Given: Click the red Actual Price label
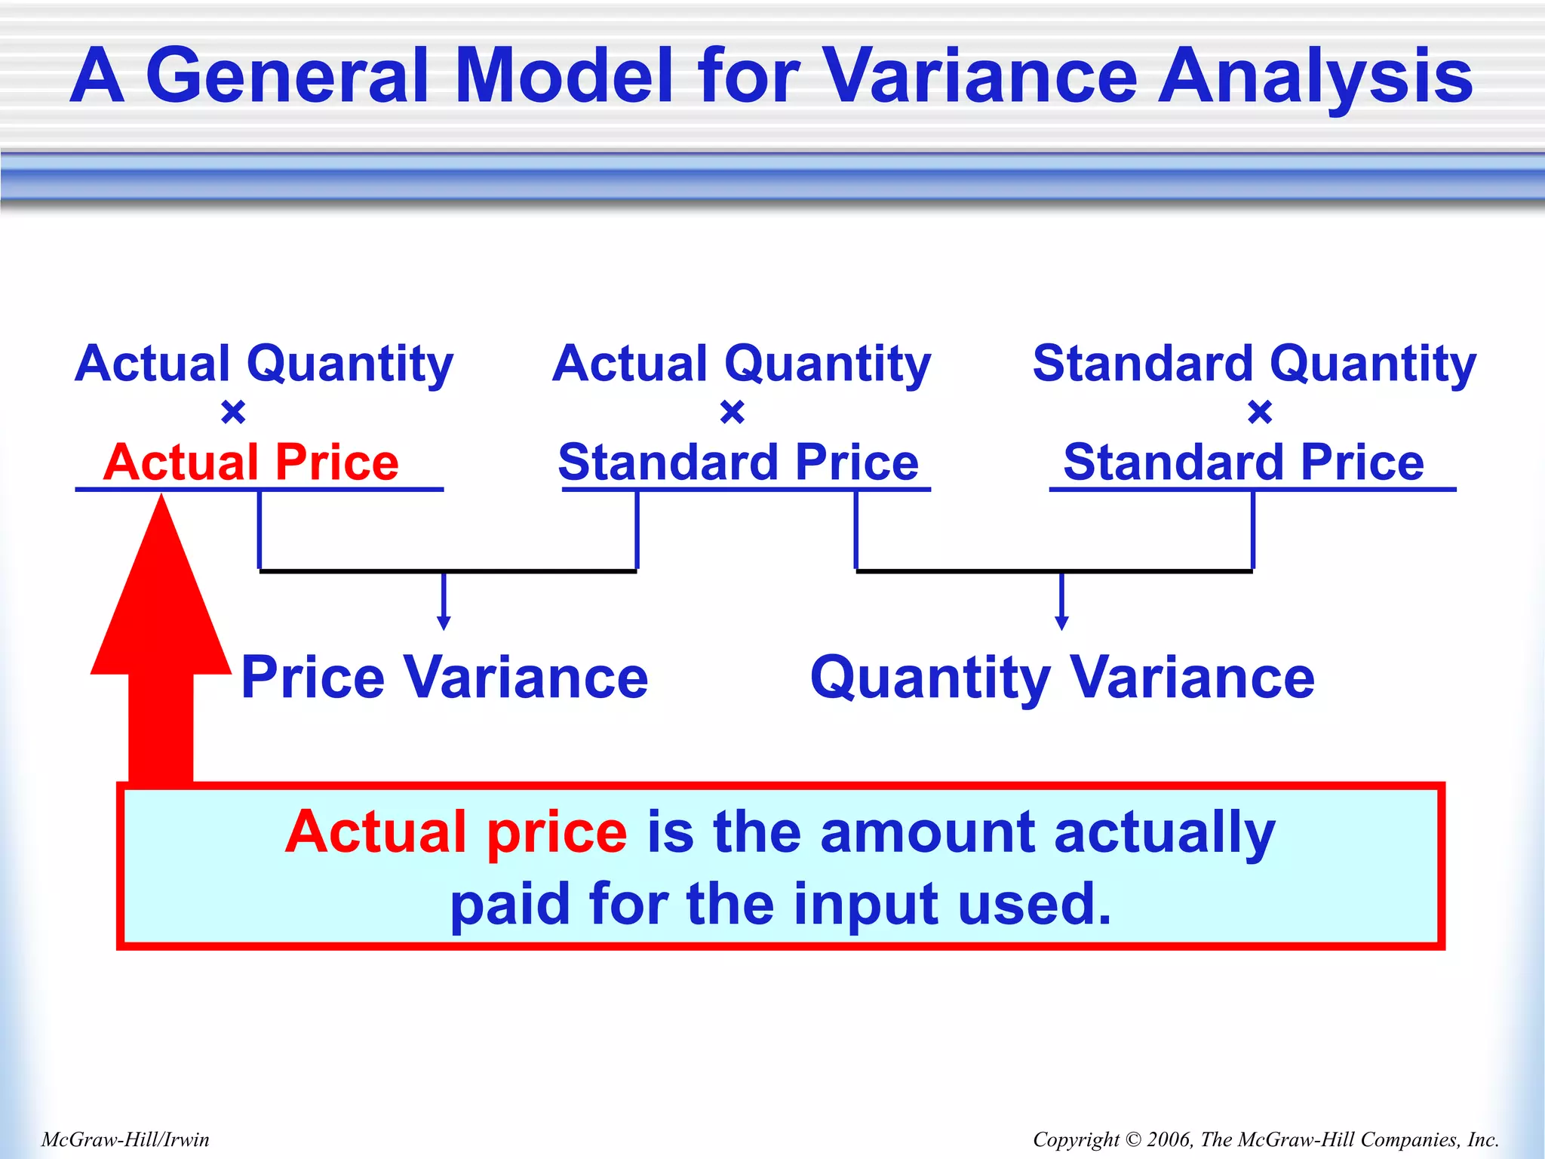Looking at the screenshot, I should (x=250, y=462).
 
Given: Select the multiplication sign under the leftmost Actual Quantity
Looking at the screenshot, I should (x=233, y=413).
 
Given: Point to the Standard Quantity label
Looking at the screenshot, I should (x=1254, y=364).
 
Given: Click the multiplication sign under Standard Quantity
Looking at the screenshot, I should (x=1260, y=413).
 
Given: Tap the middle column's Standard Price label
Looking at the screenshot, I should (x=738, y=462).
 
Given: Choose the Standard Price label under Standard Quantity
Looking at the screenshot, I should (x=1243, y=462).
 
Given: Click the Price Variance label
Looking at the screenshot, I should (x=444, y=677).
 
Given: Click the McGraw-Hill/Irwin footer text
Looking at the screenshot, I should (x=125, y=1139).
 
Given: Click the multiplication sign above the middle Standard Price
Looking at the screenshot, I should (x=733, y=413).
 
